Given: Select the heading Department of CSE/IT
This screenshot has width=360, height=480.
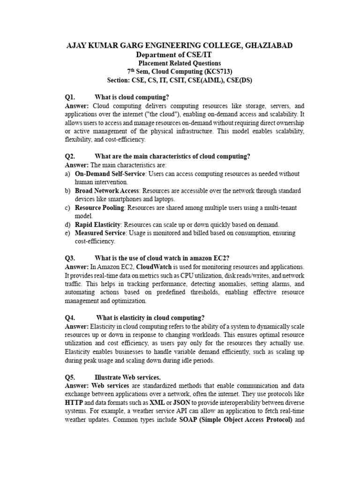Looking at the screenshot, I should (x=180, y=54).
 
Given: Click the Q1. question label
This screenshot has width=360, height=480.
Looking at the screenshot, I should (x=70, y=97).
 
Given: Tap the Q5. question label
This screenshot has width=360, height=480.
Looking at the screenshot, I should (x=70, y=377).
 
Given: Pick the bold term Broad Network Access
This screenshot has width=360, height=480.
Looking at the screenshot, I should (x=107, y=191).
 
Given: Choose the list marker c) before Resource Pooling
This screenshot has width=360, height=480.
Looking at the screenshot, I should (x=67, y=208).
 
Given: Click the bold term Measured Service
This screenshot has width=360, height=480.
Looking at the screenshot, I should (x=100, y=233).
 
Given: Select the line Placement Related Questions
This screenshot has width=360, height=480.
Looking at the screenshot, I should (x=180, y=63).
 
